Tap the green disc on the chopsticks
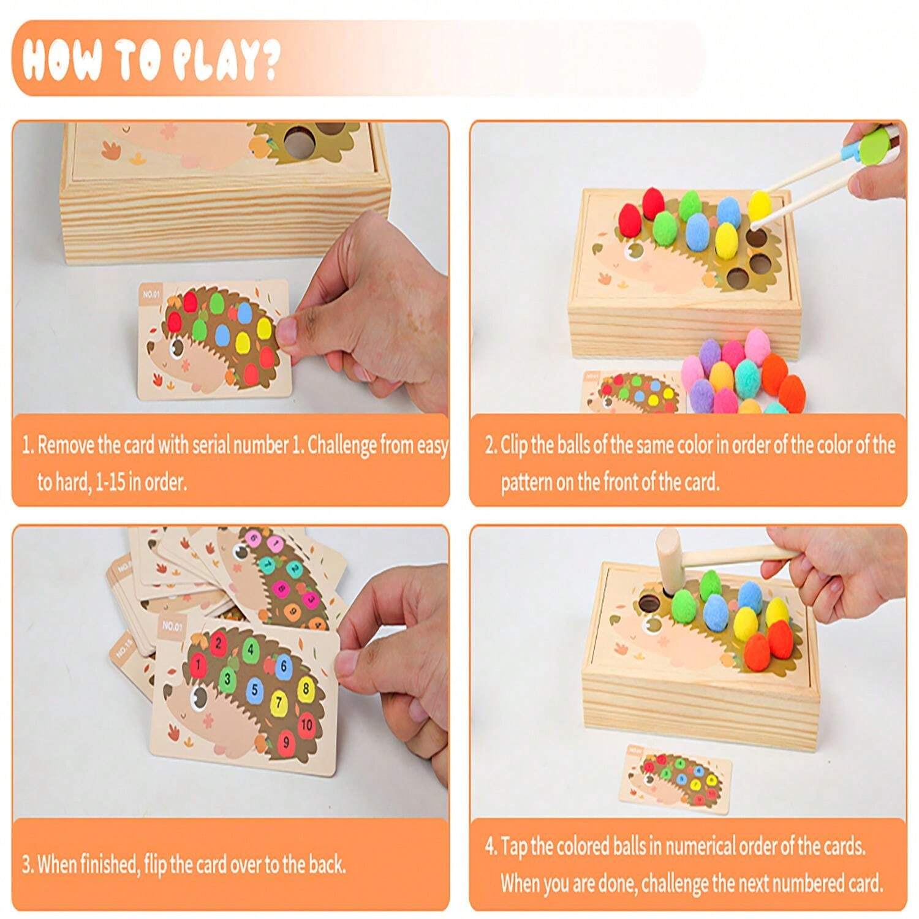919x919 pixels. click(871, 149)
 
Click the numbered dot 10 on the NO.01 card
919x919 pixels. click(306, 725)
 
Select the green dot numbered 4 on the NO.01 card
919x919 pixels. click(250, 648)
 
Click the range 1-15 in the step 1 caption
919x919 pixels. click(110, 482)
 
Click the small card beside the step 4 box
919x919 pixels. click(679, 777)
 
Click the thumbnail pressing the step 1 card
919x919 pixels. click(286, 331)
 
